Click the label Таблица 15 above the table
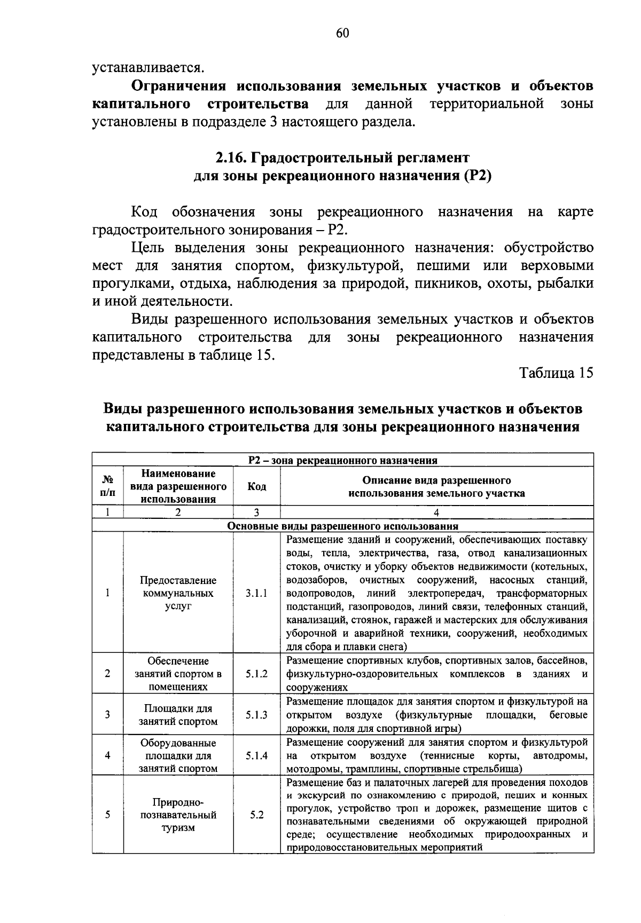tap(557, 373)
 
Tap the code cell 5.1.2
tap(256, 674)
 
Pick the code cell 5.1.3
tap(256, 715)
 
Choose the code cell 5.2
tap(256, 816)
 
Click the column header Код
tap(256, 486)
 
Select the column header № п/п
tap(107, 486)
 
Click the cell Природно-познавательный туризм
tap(178, 816)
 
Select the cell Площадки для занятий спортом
tap(178, 715)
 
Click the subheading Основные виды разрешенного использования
tap(342, 526)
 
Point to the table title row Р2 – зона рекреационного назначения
tap(342, 460)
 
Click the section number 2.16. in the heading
tap(231, 158)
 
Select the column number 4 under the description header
tap(436, 512)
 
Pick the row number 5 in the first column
tap(107, 815)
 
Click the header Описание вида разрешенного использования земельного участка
tap(436, 486)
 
